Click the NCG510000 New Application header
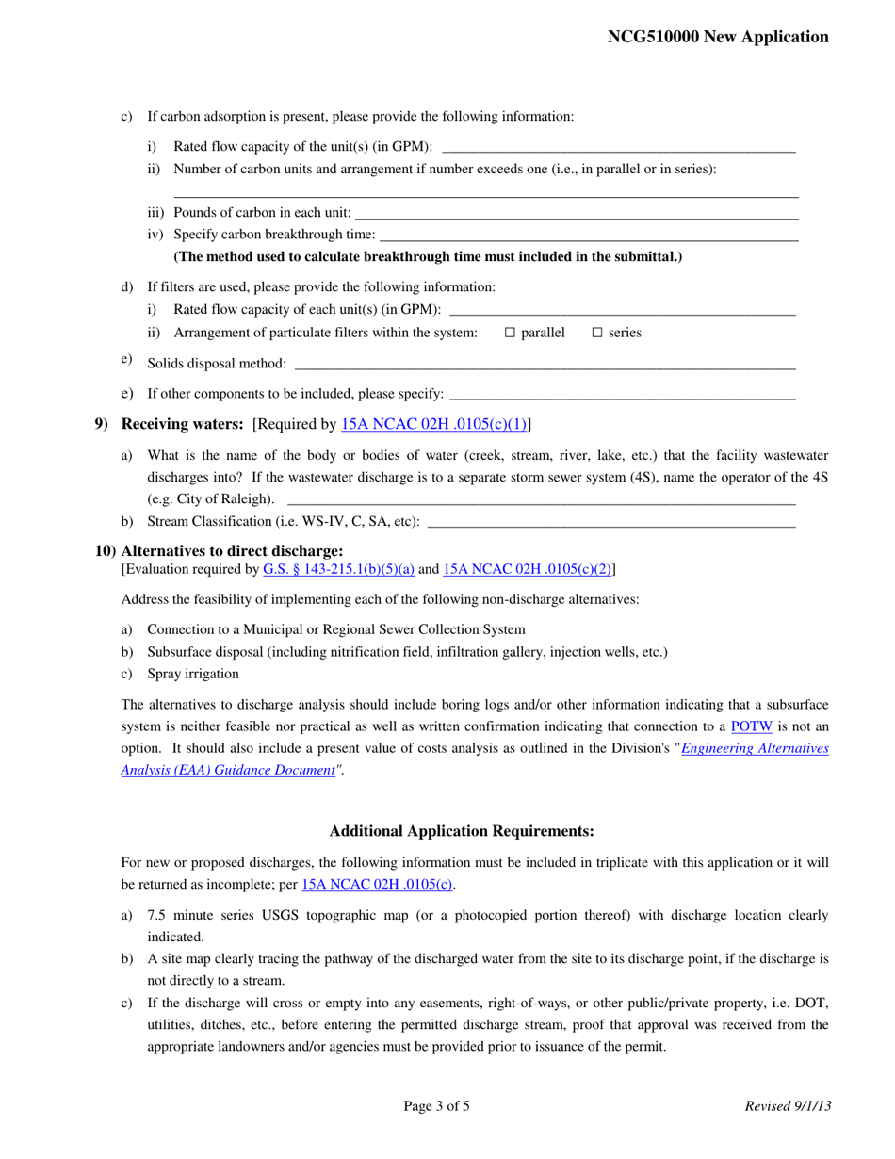(718, 37)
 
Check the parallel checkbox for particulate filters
(511, 333)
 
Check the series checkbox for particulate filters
(597, 333)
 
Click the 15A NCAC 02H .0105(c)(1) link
(433, 425)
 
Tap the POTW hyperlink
(750, 726)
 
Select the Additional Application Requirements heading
(462, 831)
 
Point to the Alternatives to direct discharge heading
(232, 551)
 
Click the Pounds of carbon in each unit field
(576, 212)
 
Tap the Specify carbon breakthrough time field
(588, 235)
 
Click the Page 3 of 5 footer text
(436, 1106)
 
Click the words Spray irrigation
(193, 674)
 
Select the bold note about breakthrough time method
(428, 257)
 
